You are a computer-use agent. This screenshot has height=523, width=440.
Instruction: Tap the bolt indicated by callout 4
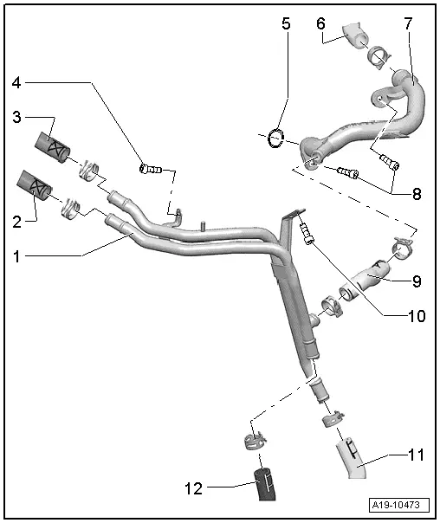151,168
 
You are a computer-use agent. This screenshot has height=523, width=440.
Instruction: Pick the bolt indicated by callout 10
305,231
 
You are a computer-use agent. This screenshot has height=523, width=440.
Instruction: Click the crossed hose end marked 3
55,149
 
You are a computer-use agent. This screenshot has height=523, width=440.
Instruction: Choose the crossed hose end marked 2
36,184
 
